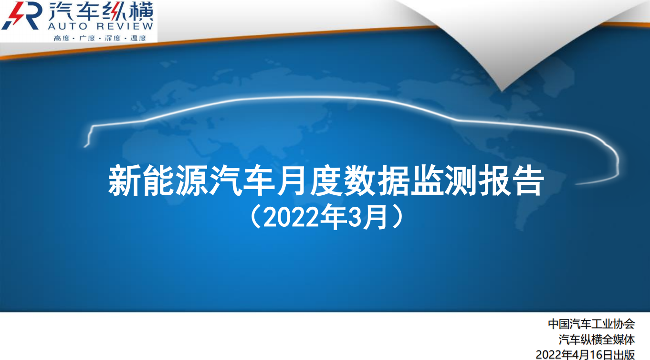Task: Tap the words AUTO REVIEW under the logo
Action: (x=100, y=26)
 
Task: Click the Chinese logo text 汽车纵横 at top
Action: (x=100, y=11)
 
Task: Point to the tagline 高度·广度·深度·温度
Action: (x=100, y=38)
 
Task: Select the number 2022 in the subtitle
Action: (x=292, y=217)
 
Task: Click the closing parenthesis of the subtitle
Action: (x=397, y=217)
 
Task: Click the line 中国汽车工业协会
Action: (x=591, y=324)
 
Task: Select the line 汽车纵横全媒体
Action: (x=597, y=339)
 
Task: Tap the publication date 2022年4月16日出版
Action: (x=585, y=354)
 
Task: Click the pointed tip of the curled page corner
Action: (x=502, y=91)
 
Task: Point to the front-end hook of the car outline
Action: (x=88, y=137)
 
